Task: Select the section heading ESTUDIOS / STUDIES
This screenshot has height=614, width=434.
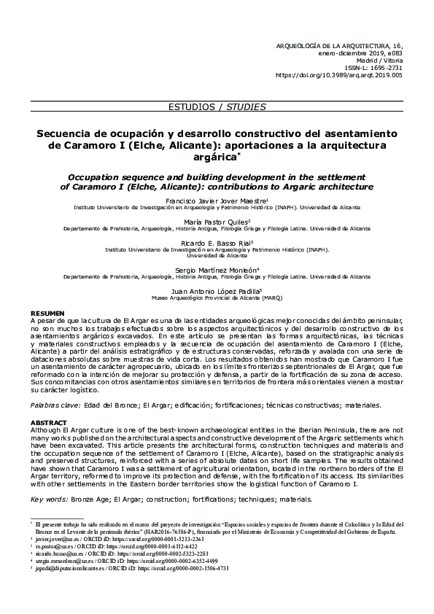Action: pos(217,106)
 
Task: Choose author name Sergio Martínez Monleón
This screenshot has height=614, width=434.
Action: pos(217,269)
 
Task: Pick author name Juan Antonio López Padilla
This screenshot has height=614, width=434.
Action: pos(217,289)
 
